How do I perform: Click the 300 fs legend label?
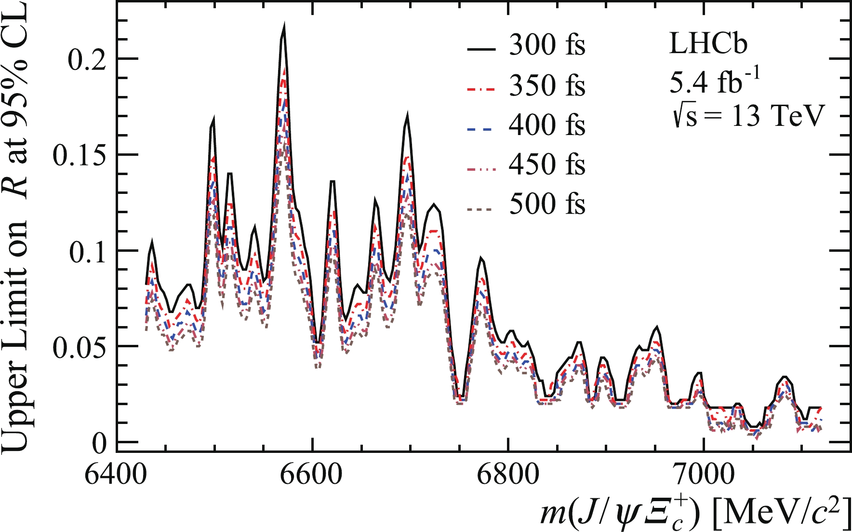click(547, 46)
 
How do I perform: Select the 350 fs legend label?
click(547, 86)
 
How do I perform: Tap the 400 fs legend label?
click(547, 125)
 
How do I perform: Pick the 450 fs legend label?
click(547, 165)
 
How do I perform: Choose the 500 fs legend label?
click(547, 204)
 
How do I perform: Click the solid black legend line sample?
click(481, 49)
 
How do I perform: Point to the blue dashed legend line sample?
click(481, 129)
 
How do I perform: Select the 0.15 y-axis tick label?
click(79, 155)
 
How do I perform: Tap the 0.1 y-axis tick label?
click(87, 251)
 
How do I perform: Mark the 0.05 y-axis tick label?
click(79, 347)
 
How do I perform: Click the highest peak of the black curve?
click(284, 25)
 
